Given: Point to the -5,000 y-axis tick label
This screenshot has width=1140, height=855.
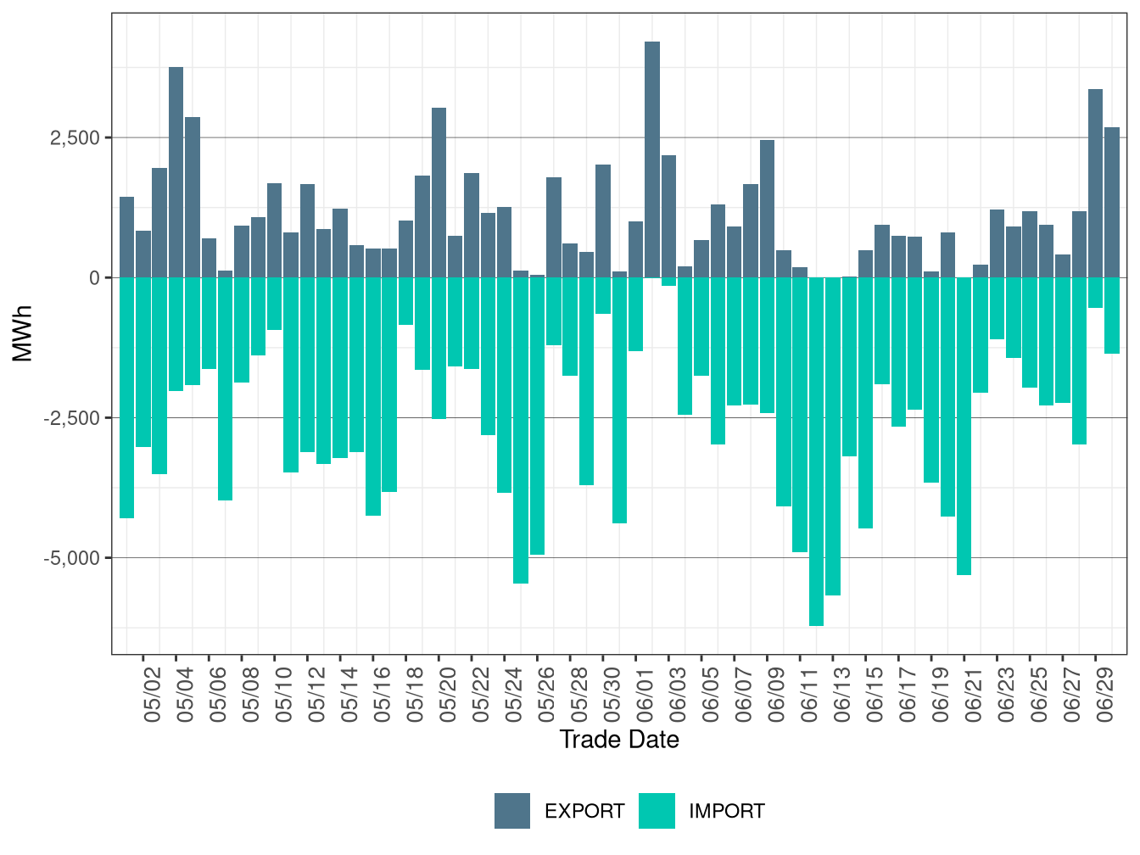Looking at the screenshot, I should tap(72, 558).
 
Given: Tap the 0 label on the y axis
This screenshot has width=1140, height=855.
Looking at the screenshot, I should tap(94, 278).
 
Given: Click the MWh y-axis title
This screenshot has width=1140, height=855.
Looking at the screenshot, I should tap(23, 333).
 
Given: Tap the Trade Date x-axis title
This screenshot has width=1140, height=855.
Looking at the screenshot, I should tap(619, 740).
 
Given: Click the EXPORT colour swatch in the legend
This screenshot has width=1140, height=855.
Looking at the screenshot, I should tap(512, 811).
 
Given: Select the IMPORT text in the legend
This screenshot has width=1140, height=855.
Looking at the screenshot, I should tap(726, 812).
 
